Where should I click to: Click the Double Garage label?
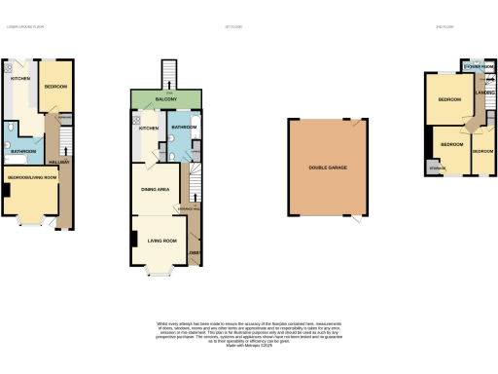328,168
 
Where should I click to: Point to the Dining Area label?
157,190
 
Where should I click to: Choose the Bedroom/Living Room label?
32,178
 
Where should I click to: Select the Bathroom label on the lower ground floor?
23,151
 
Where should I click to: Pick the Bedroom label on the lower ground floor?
55,87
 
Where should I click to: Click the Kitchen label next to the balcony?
148,128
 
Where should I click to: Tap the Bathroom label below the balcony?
183,127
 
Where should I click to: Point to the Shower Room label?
480,66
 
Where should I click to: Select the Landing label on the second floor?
480,93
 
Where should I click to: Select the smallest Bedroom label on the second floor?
482,152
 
